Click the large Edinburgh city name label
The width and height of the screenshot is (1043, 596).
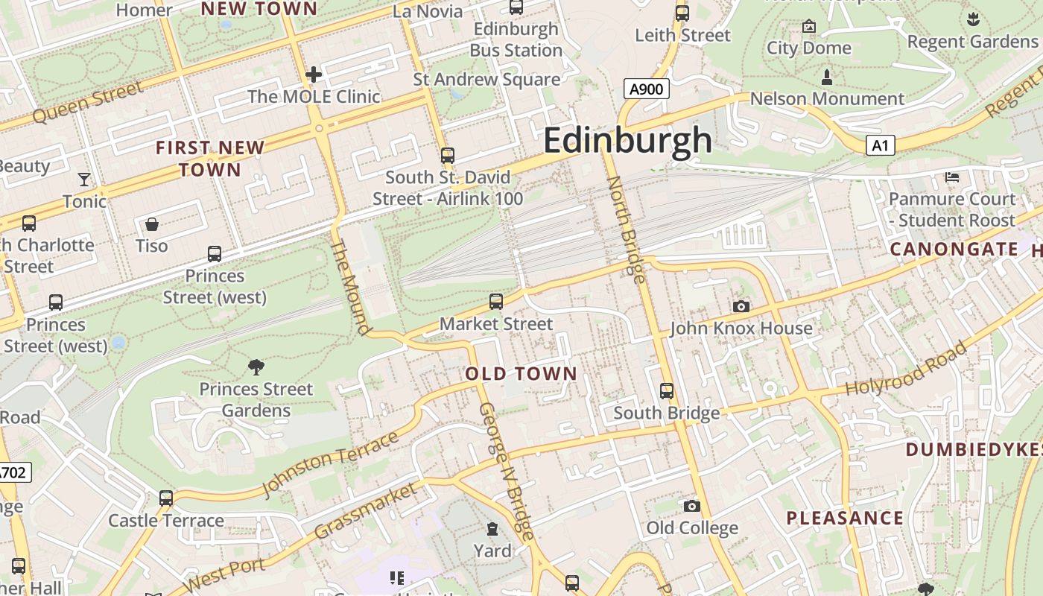[x=627, y=140]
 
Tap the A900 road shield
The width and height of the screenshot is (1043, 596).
[x=646, y=89]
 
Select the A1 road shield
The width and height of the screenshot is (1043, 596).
[x=880, y=145]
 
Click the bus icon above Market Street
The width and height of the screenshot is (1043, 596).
[x=496, y=302]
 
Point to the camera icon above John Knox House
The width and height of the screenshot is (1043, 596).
[x=741, y=306]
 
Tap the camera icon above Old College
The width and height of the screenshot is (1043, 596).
[x=692, y=506]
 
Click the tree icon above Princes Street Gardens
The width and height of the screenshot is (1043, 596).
[x=256, y=367]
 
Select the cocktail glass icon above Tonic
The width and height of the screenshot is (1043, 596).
[x=84, y=179]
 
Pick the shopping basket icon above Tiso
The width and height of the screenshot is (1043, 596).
[x=152, y=223]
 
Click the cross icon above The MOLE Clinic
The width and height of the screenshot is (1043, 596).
[x=314, y=74]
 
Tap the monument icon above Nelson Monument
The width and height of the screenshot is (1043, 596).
[x=826, y=76]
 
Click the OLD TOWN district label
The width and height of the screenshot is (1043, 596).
[x=521, y=374]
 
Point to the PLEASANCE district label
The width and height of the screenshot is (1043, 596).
[x=845, y=518]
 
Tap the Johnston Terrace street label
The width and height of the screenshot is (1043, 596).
[x=330, y=464]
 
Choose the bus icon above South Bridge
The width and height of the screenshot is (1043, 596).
[x=667, y=390]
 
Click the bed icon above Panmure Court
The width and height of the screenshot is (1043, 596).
[x=952, y=177]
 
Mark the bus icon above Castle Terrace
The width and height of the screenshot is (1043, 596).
[x=166, y=498]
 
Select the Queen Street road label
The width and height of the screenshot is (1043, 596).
[x=88, y=103]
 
